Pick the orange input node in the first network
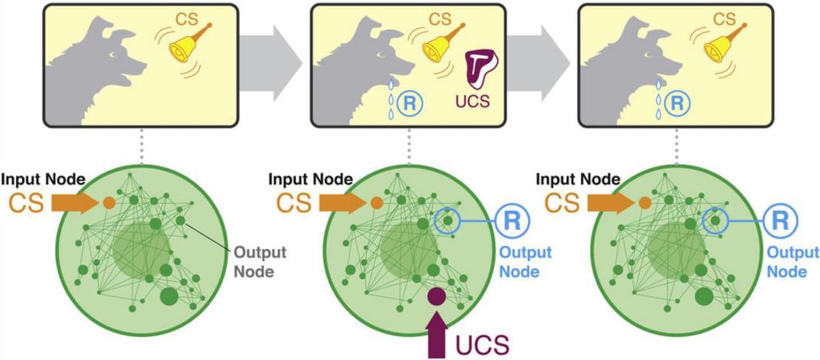[x=109, y=202]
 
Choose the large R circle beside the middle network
[x=511, y=220]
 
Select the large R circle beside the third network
[x=780, y=220]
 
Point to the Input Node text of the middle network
[x=310, y=179]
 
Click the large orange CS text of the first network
[x=27, y=202]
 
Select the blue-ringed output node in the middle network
[x=448, y=221]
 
